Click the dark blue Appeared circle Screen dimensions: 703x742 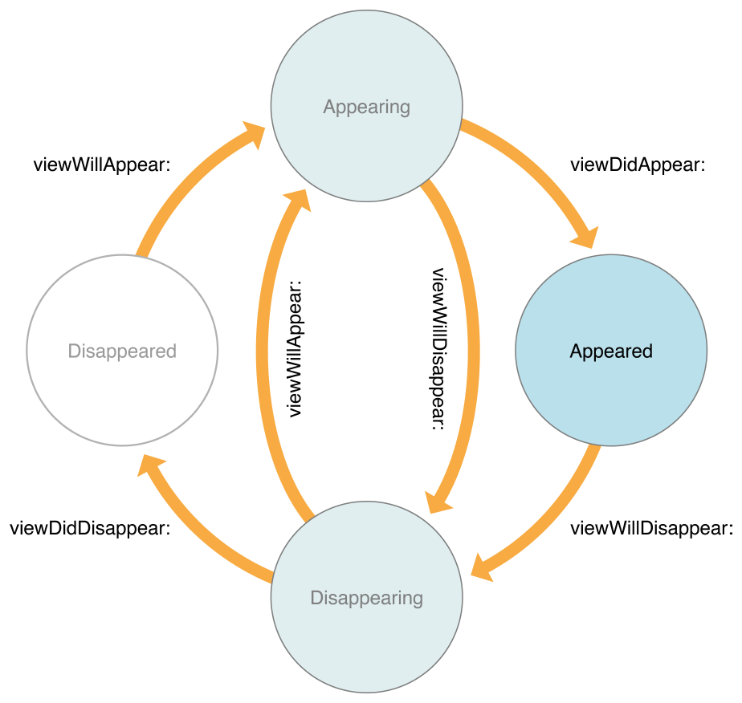610,351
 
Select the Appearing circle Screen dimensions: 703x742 366,106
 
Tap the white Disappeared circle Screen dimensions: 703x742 122,351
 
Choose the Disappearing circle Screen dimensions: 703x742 366,597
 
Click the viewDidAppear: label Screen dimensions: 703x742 637,165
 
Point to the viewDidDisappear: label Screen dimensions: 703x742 90,528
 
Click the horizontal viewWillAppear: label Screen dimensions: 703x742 102,165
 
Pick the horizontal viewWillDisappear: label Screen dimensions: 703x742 651,528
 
